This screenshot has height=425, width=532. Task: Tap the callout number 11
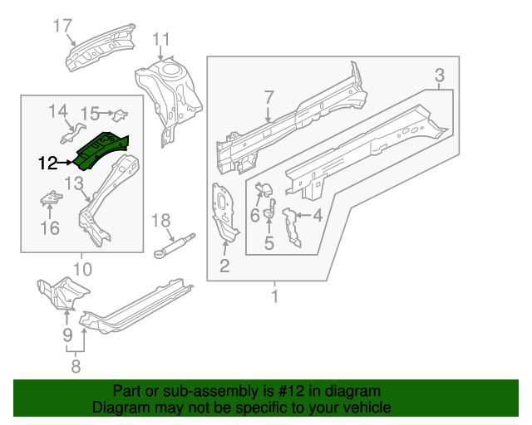coord(160,38)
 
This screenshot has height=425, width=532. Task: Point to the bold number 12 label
coord(48,163)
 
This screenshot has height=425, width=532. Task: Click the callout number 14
coord(57,110)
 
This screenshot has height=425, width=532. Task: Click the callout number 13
coord(73,183)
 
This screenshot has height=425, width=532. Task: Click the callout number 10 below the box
coord(81,268)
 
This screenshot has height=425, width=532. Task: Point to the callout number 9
coord(68,335)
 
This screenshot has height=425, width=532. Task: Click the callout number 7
coord(268,98)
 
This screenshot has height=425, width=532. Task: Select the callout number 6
coord(255,215)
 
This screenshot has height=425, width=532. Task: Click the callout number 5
coord(269,243)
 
